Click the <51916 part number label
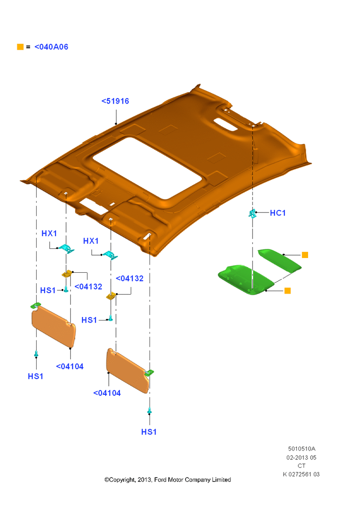point(115,101)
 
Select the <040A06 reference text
point(51,47)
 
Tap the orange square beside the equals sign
point(20,47)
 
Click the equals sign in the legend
point(28,47)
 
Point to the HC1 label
point(278,213)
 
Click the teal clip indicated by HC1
point(252,213)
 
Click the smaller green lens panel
point(280,260)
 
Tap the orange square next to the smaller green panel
point(305,255)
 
